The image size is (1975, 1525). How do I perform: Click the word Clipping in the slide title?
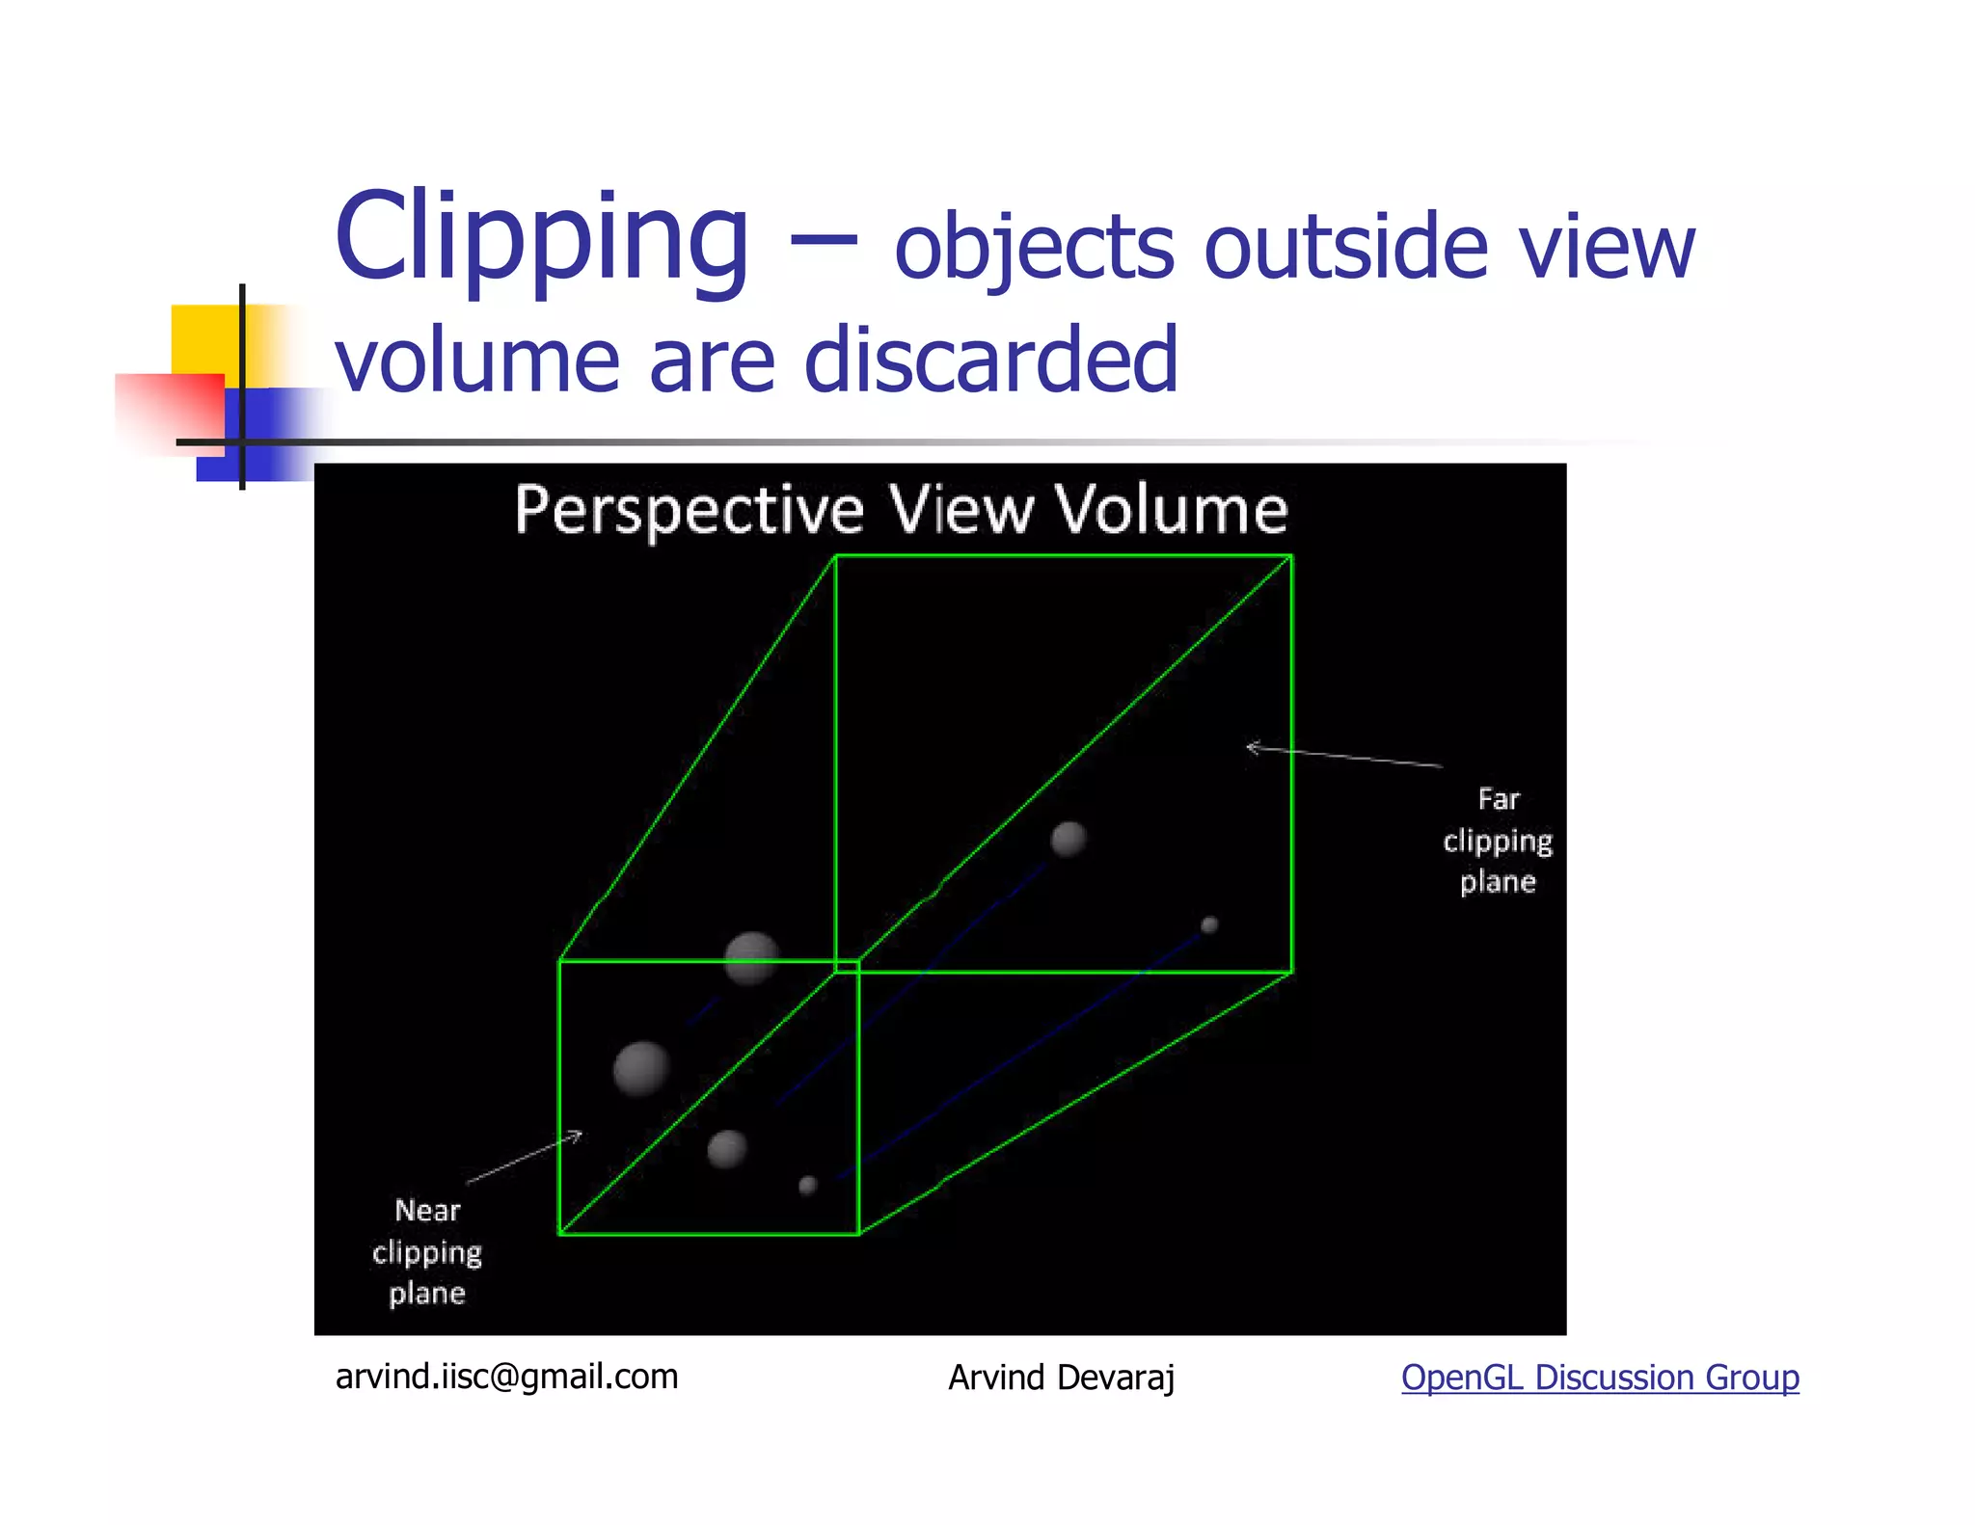[541, 237]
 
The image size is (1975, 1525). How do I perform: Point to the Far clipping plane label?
[1498, 841]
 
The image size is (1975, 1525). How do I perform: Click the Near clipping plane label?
[427, 1251]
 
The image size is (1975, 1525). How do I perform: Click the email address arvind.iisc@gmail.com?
[506, 1376]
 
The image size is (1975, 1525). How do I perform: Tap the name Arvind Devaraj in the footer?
[1061, 1378]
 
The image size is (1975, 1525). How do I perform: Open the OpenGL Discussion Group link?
[1600, 1378]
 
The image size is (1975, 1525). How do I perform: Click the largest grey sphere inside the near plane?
[641, 1068]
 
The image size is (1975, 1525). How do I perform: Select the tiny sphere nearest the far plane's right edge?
[1209, 925]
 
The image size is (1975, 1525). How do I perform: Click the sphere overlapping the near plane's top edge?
[751, 957]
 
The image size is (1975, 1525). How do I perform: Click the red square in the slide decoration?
[169, 410]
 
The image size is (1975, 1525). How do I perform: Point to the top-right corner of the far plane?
[1291, 556]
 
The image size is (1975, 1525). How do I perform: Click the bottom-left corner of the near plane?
[559, 1233]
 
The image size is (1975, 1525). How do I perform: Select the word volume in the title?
[476, 360]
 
